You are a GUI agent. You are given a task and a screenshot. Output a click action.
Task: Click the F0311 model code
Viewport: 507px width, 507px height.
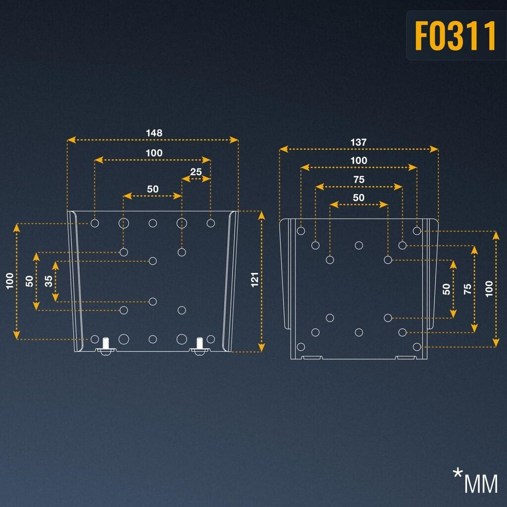click(455, 36)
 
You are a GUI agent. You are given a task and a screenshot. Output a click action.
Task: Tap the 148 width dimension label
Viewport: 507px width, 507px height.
click(153, 133)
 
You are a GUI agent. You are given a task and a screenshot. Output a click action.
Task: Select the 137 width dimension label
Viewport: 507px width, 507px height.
click(358, 142)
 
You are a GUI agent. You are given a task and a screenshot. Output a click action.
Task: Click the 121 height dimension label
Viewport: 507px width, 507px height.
click(255, 280)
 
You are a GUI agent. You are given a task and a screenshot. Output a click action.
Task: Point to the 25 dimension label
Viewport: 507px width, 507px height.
click(196, 172)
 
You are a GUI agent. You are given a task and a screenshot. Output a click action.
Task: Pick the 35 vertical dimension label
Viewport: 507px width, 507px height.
click(49, 281)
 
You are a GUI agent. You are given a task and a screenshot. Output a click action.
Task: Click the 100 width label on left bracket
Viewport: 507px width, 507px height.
click(153, 153)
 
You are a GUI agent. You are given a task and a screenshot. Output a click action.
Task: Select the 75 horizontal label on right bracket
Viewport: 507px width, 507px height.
click(358, 180)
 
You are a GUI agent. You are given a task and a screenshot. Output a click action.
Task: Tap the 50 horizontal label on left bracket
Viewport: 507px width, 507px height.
click(152, 189)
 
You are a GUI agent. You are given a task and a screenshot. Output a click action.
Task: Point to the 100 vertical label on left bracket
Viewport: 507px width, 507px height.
click(10, 281)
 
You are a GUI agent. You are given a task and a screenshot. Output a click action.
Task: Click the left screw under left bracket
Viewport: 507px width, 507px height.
click(105, 345)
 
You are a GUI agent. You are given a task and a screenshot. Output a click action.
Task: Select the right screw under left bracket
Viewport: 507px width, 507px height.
click(200, 345)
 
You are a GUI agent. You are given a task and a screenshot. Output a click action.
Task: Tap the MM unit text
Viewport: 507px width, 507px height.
click(481, 484)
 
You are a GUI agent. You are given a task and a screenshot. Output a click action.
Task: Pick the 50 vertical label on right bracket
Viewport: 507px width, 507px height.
click(447, 289)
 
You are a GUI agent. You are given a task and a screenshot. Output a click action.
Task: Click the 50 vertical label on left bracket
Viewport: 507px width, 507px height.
click(30, 281)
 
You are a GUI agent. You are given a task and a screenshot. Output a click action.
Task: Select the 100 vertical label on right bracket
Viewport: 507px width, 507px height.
click(489, 289)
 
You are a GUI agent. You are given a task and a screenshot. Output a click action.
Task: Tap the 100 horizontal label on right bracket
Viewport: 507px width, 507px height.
click(358, 160)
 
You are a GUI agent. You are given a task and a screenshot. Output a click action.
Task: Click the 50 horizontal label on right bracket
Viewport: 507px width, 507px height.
click(358, 198)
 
